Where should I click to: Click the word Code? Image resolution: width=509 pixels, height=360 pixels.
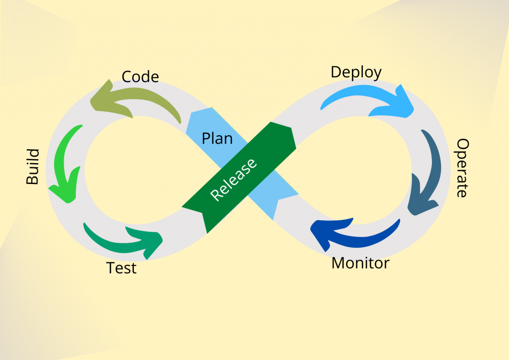140,77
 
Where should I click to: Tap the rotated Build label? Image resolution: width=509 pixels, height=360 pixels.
32,167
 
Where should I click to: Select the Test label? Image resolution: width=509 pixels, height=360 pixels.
121,268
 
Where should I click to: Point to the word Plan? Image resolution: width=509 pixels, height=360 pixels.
217,138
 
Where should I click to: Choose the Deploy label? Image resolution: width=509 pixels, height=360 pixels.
356,72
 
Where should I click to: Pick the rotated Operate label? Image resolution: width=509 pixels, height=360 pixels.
462,168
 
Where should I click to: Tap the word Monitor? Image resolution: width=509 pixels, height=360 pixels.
360,263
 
